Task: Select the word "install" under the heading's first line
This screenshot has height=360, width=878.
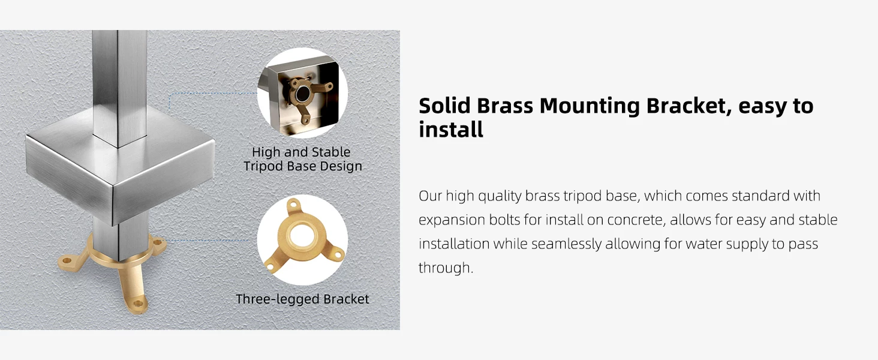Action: point(451,130)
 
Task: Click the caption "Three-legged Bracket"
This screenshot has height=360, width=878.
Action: point(302,299)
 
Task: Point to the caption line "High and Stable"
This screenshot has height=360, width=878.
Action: point(301,152)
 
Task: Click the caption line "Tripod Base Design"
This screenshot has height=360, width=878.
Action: point(303,166)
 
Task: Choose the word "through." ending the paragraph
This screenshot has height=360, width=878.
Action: point(446,268)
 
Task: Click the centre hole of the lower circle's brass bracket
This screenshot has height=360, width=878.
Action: point(300,235)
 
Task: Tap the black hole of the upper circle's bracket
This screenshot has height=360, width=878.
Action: point(302,95)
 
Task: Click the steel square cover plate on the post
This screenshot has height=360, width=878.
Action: point(120,167)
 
